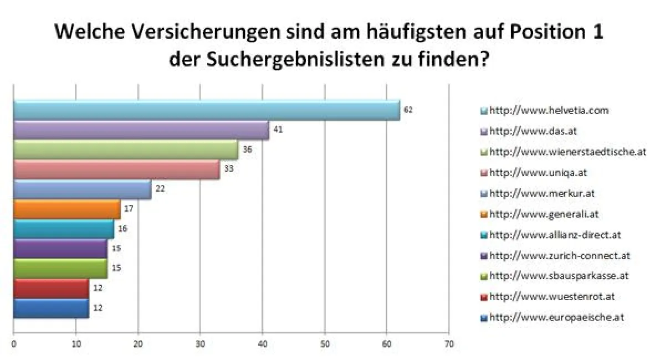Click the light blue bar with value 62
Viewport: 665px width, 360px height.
(x=206, y=110)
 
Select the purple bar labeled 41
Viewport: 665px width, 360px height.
(x=141, y=130)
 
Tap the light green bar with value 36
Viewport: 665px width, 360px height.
(x=125, y=150)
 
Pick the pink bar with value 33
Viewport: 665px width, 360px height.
(x=116, y=169)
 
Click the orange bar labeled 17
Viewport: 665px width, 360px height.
(x=66, y=209)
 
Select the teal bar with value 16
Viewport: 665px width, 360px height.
(x=63, y=229)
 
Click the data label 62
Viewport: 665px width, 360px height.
(x=408, y=110)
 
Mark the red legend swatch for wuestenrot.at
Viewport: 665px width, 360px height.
(x=484, y=297)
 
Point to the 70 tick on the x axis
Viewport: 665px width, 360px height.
(x=449, y=344)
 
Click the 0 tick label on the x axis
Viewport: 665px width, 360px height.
(x=14, y=344)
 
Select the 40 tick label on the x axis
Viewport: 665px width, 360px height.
(x=263, y=344)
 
